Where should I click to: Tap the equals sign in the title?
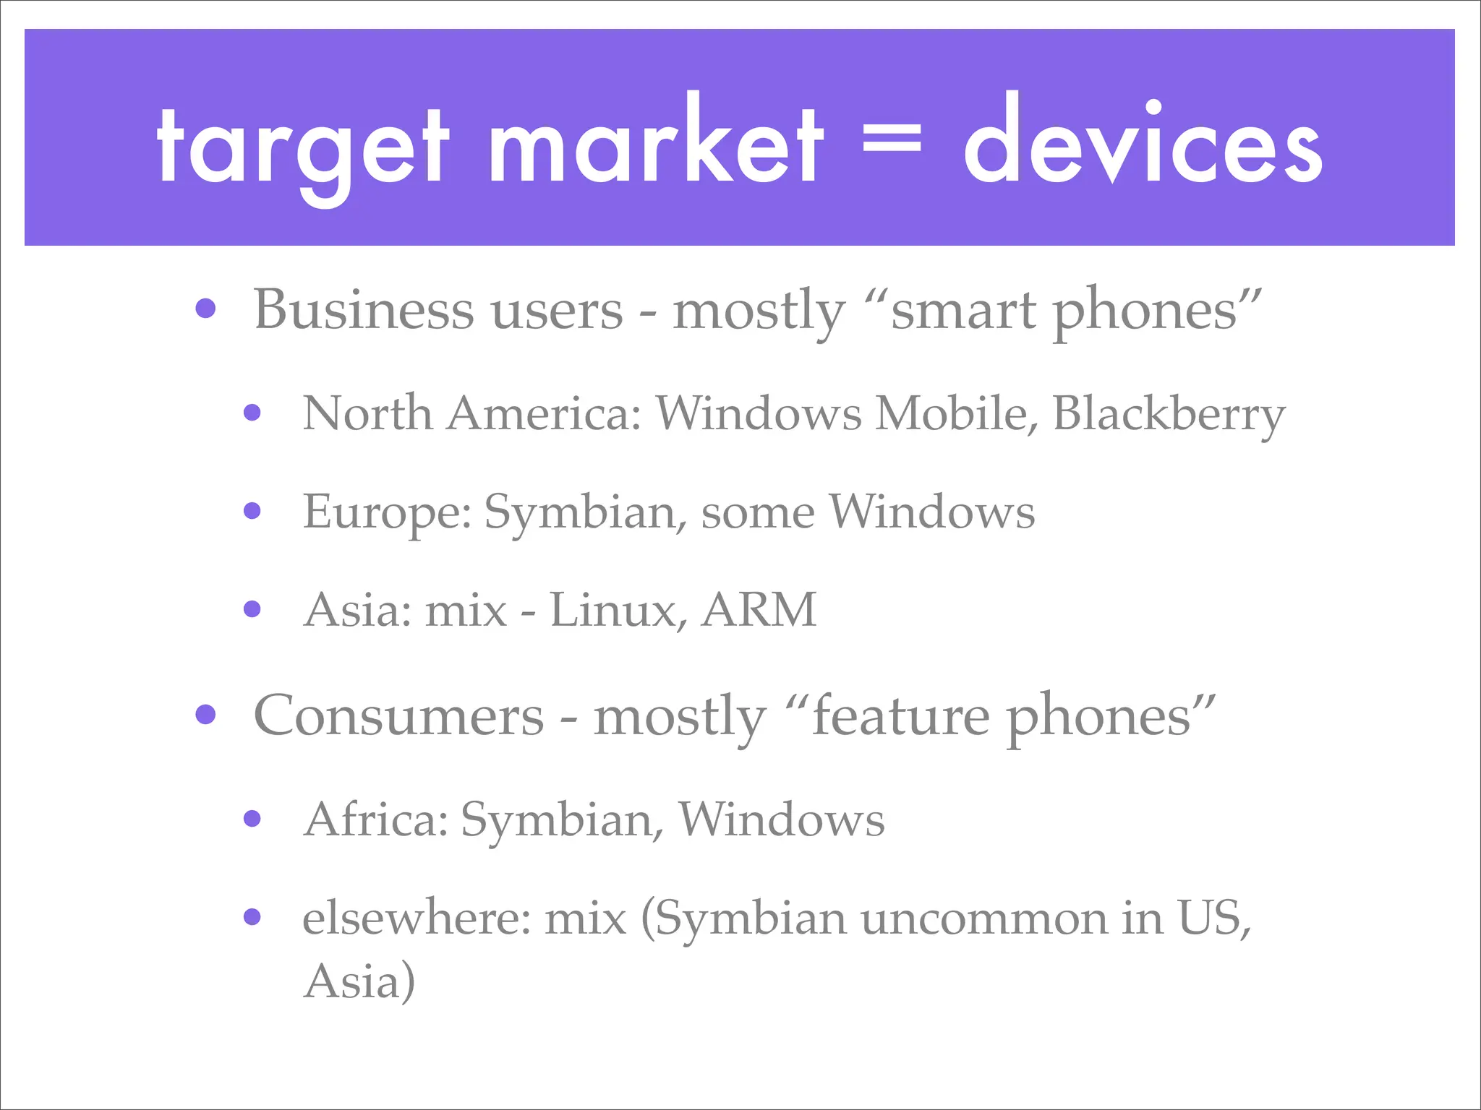[x=892, y=139]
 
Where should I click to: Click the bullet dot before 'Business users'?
[x=206, y=309]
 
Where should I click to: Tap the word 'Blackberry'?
[x=1169, y=415]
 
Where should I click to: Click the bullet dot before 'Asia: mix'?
[x=252, y=609]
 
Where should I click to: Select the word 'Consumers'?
[x=398, y=716]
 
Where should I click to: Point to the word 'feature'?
[x=900, y=716]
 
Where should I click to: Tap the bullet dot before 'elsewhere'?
[x=252, y=918]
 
